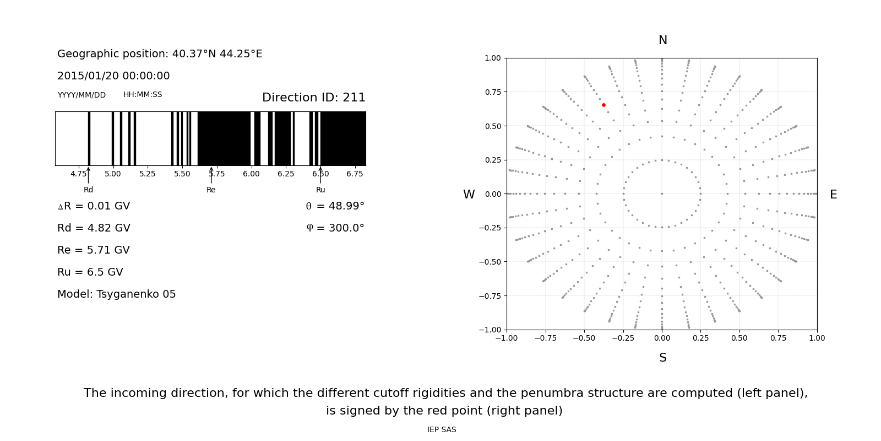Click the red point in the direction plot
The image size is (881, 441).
tap(603, 105)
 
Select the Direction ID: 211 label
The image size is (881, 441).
tap(313, 98)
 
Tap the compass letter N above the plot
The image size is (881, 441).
tap(662, 40)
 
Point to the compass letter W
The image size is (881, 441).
tap(469, 195)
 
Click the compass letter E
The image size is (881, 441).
tap(833, 195)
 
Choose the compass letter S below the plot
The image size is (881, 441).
tap(662, 358)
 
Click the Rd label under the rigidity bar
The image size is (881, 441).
tap(88, 190)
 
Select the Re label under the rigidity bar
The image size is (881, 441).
tap(211, 190)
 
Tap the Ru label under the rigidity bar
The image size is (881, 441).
tap(320, 190)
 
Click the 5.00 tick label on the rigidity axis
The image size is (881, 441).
tap(113, 174)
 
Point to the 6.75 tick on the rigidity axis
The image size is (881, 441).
tap(355, 174)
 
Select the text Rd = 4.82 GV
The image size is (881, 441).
tap(94, 228)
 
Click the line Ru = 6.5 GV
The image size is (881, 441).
tap(90, 272)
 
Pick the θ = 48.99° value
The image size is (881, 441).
tap(335, 206)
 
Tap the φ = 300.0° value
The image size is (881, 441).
tap(335, 228)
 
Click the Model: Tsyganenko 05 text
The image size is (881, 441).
tap(117, 294)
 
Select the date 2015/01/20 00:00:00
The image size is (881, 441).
tap(113, 76)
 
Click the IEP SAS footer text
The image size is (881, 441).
tap(442, 429)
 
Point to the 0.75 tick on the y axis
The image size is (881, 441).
tap(493, 92)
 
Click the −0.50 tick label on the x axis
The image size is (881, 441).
tap(584, 338)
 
